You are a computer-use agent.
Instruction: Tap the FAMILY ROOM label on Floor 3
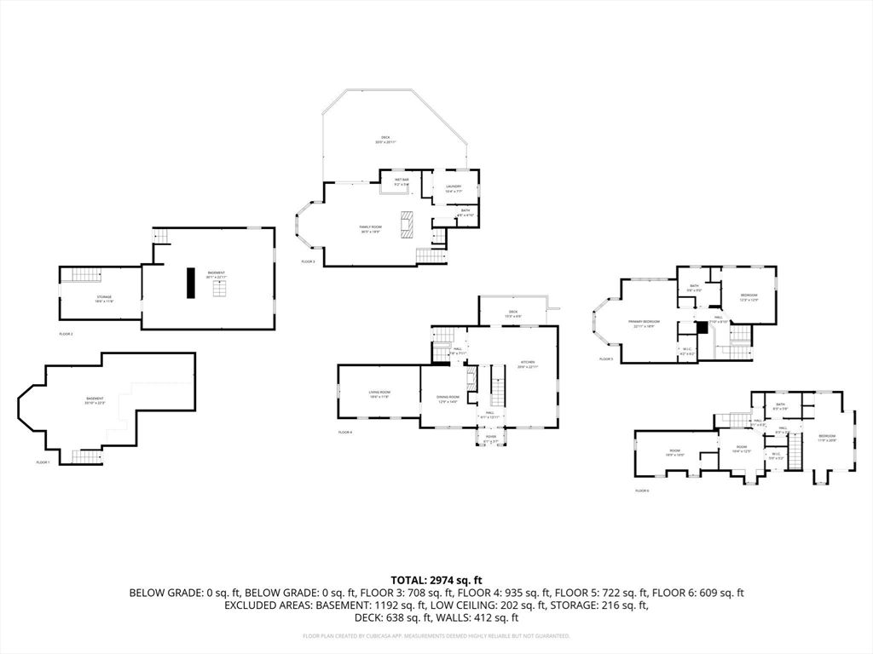pos(370,227)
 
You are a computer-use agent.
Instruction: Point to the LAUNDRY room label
pos(454,187)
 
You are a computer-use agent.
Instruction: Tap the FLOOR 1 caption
pos(43,462)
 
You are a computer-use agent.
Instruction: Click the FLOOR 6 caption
pos(642,491)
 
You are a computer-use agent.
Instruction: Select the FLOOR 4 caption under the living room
pos(345,433)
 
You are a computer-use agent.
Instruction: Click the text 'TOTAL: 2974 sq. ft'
pos(436,580)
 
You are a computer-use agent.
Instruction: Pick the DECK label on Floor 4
pos(513,313)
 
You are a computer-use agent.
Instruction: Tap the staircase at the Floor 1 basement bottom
pos(86,456)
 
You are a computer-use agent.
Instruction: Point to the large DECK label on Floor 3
pos(386,139)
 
